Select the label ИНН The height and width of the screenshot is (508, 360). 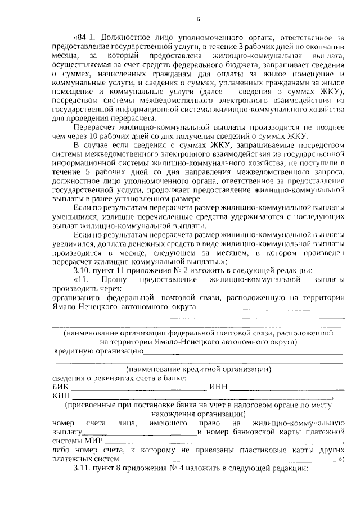218,388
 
